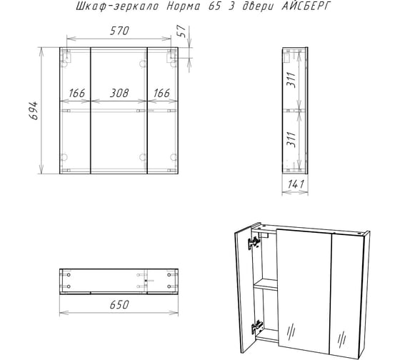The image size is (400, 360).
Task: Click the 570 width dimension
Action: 119,31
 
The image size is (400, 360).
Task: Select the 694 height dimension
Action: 34,111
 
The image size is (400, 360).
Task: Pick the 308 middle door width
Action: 119,93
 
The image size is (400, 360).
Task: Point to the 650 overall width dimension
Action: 119,304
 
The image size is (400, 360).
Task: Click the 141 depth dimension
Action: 296,184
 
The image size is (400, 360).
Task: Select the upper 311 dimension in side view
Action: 291,80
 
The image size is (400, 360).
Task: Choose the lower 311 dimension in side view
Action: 291,139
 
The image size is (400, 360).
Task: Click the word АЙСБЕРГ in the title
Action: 306,6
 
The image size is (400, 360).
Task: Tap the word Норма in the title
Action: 184,6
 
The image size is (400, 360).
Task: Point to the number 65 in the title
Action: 214,6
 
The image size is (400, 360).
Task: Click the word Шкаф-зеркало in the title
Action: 117,6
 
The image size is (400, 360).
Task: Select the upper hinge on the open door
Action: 254,243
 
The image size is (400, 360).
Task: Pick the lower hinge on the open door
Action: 256,327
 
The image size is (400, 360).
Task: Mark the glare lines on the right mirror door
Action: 342,339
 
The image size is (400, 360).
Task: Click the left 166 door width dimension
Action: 77,93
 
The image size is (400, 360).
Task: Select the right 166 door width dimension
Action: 161,93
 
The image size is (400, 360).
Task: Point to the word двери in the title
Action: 257,6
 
